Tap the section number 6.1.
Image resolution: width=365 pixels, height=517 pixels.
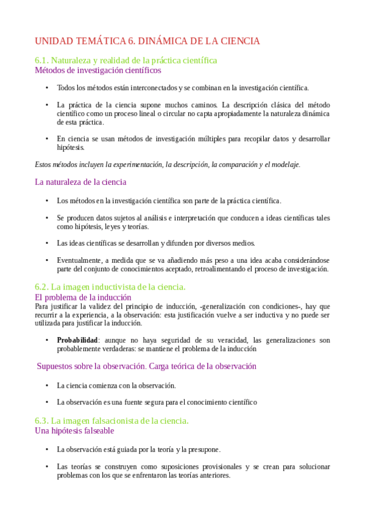42,60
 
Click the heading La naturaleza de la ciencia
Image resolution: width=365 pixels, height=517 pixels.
80,182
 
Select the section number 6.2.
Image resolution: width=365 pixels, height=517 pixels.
42,287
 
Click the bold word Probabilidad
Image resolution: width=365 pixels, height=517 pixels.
77,340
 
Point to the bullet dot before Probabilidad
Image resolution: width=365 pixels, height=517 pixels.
47,340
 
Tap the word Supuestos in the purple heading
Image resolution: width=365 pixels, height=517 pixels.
57,366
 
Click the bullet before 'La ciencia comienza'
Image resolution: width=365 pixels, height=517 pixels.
47,385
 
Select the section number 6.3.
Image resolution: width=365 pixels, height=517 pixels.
42,421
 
